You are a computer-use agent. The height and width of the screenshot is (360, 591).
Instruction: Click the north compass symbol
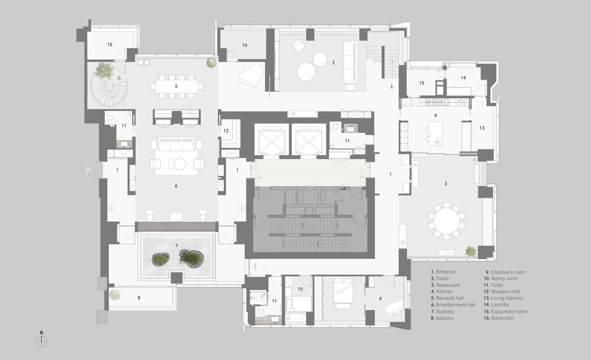pyautogui.click(x=41, y=341)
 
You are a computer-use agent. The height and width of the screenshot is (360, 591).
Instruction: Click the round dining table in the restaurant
pyautogui.click(x=446, y=221)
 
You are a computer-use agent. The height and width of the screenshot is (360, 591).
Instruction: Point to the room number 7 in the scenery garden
pyautogui.click(x=176, y=246)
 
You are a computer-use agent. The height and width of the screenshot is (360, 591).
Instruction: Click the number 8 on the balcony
pyautogui.click(x=139, y=298)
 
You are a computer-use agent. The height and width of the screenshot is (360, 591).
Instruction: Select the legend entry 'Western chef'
pyautogui.click(x=502, y=292)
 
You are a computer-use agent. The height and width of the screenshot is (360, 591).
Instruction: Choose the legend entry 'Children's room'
pyautogui.click(x=506, y=272)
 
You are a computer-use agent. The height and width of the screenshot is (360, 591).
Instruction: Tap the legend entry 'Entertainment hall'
pyautogui.click(x=453, y=305)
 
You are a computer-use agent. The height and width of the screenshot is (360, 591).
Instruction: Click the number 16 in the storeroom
pyautogui.click(x=244, y=45)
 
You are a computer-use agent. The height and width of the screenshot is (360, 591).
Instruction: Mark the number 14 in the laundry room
pyautogui.click(x=464, y=78)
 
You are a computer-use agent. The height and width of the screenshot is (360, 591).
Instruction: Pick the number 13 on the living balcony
pyautogui.click(x=482, y=128)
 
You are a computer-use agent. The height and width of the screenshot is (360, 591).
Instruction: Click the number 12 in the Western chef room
pyautogui.click(x=226, y=130)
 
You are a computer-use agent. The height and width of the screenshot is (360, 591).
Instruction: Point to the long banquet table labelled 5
pyautogui.click(x=176, y=86)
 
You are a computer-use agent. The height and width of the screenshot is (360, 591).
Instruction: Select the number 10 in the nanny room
pyautogui.click(x=300, y=289)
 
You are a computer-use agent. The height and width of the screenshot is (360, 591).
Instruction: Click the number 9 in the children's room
pyautogui.click(x=380, y=299)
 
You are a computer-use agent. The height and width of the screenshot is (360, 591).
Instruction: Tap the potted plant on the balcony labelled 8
pyautogui.click(x=115, y=294)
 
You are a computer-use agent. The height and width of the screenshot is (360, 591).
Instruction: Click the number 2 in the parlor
pyautogui.click(x=333, y=62)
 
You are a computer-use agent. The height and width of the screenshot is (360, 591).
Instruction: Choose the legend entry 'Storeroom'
pyautogui.click(x=499, y=318)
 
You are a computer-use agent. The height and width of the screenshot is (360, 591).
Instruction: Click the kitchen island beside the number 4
pyautogui.click(x=436, y=133)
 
